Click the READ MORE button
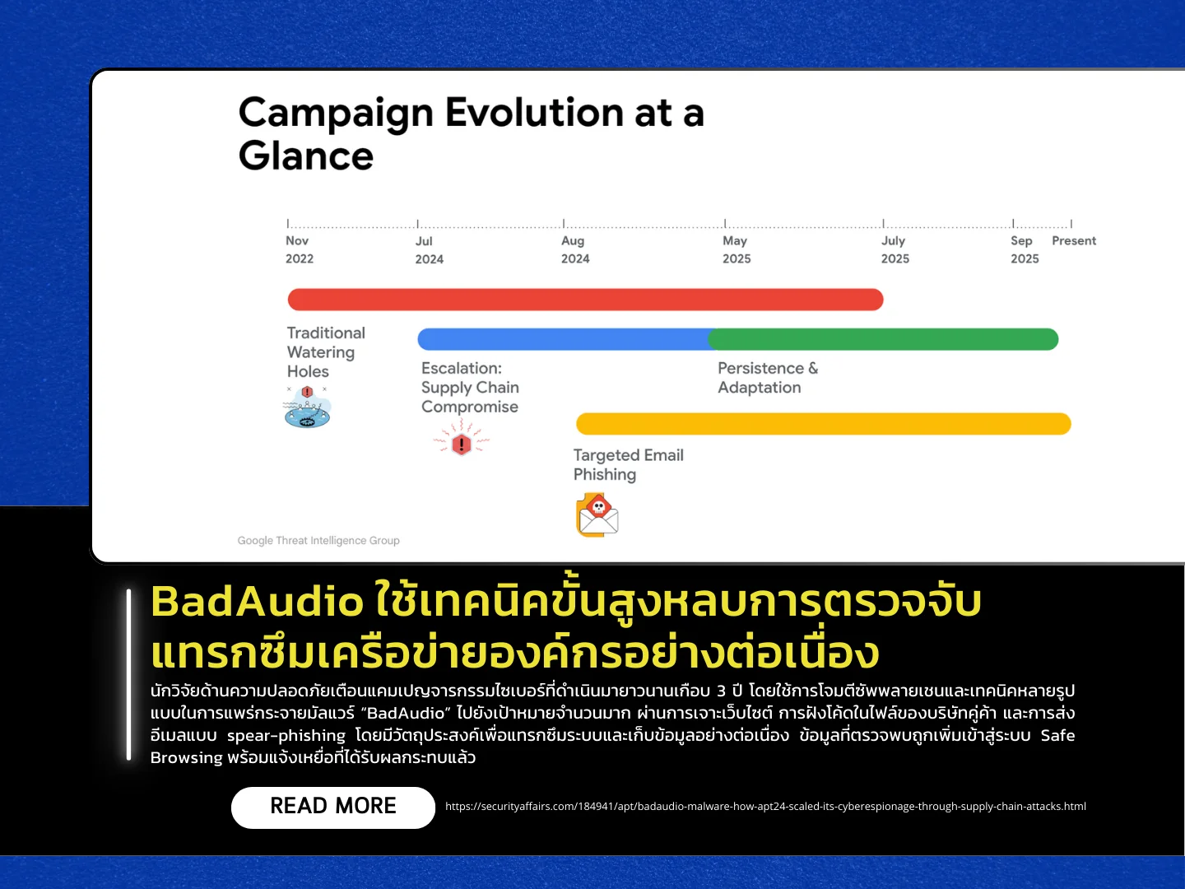point(333,807)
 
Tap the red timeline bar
point(585,300)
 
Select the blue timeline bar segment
point(565,339)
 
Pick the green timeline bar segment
point(883,339)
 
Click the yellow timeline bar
point(823,424)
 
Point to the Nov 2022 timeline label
point(300,249)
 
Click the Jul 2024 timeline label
point(430,250)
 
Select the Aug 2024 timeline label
point(575,249)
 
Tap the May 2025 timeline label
point(737,249)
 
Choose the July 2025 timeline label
point(895,249)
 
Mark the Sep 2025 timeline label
point(1025,249)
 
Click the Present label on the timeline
point(1074,240)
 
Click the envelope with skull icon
point(597,515)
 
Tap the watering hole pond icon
point(307,407)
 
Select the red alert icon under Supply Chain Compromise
point(461,439)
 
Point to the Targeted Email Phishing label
point(629,465)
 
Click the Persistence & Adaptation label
point(768,378)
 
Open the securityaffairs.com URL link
point(765,807)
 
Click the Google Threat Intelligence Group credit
point(318,540)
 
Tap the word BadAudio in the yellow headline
point(257,601)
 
